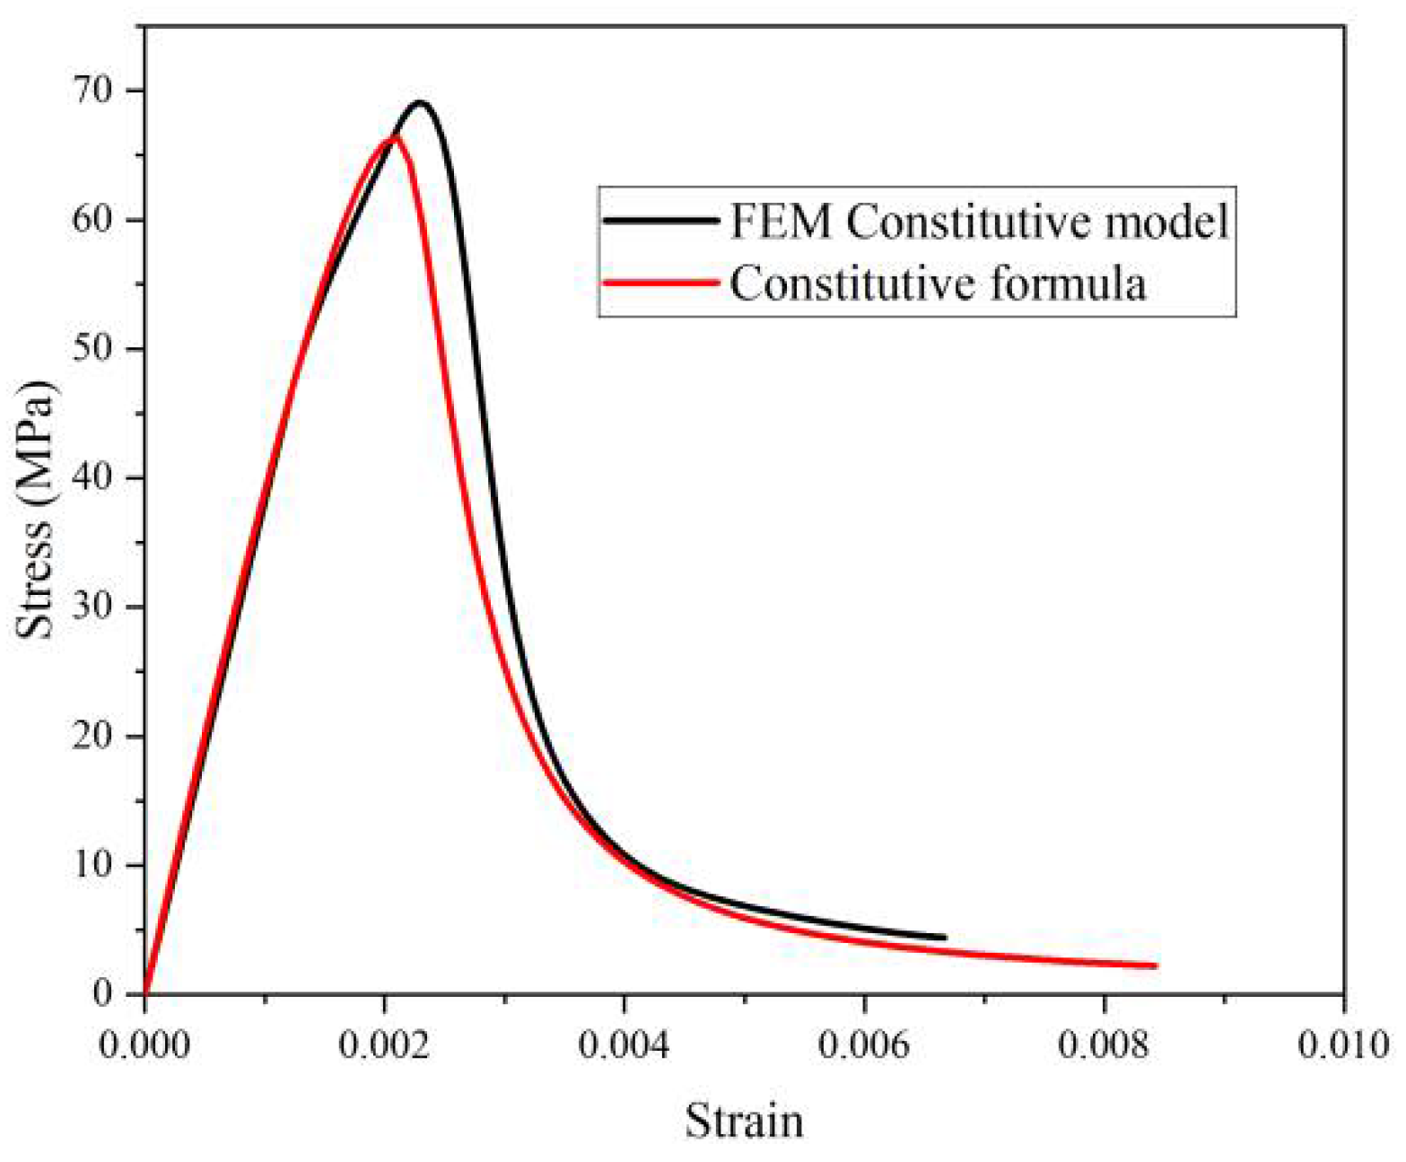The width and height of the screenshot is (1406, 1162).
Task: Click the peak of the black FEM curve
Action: [x=419, y=103]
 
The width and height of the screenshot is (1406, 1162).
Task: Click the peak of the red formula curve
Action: [x=391, y=137]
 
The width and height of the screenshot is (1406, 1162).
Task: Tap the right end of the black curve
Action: [x=944, y=937]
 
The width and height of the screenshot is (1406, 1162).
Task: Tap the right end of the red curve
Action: [x=1155, y=965]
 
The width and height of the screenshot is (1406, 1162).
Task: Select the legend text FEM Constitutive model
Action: [x=978, y=222]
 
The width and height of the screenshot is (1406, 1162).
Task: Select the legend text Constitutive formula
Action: [x=938, y=284]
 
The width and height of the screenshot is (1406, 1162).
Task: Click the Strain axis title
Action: [x=744, y=1121]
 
